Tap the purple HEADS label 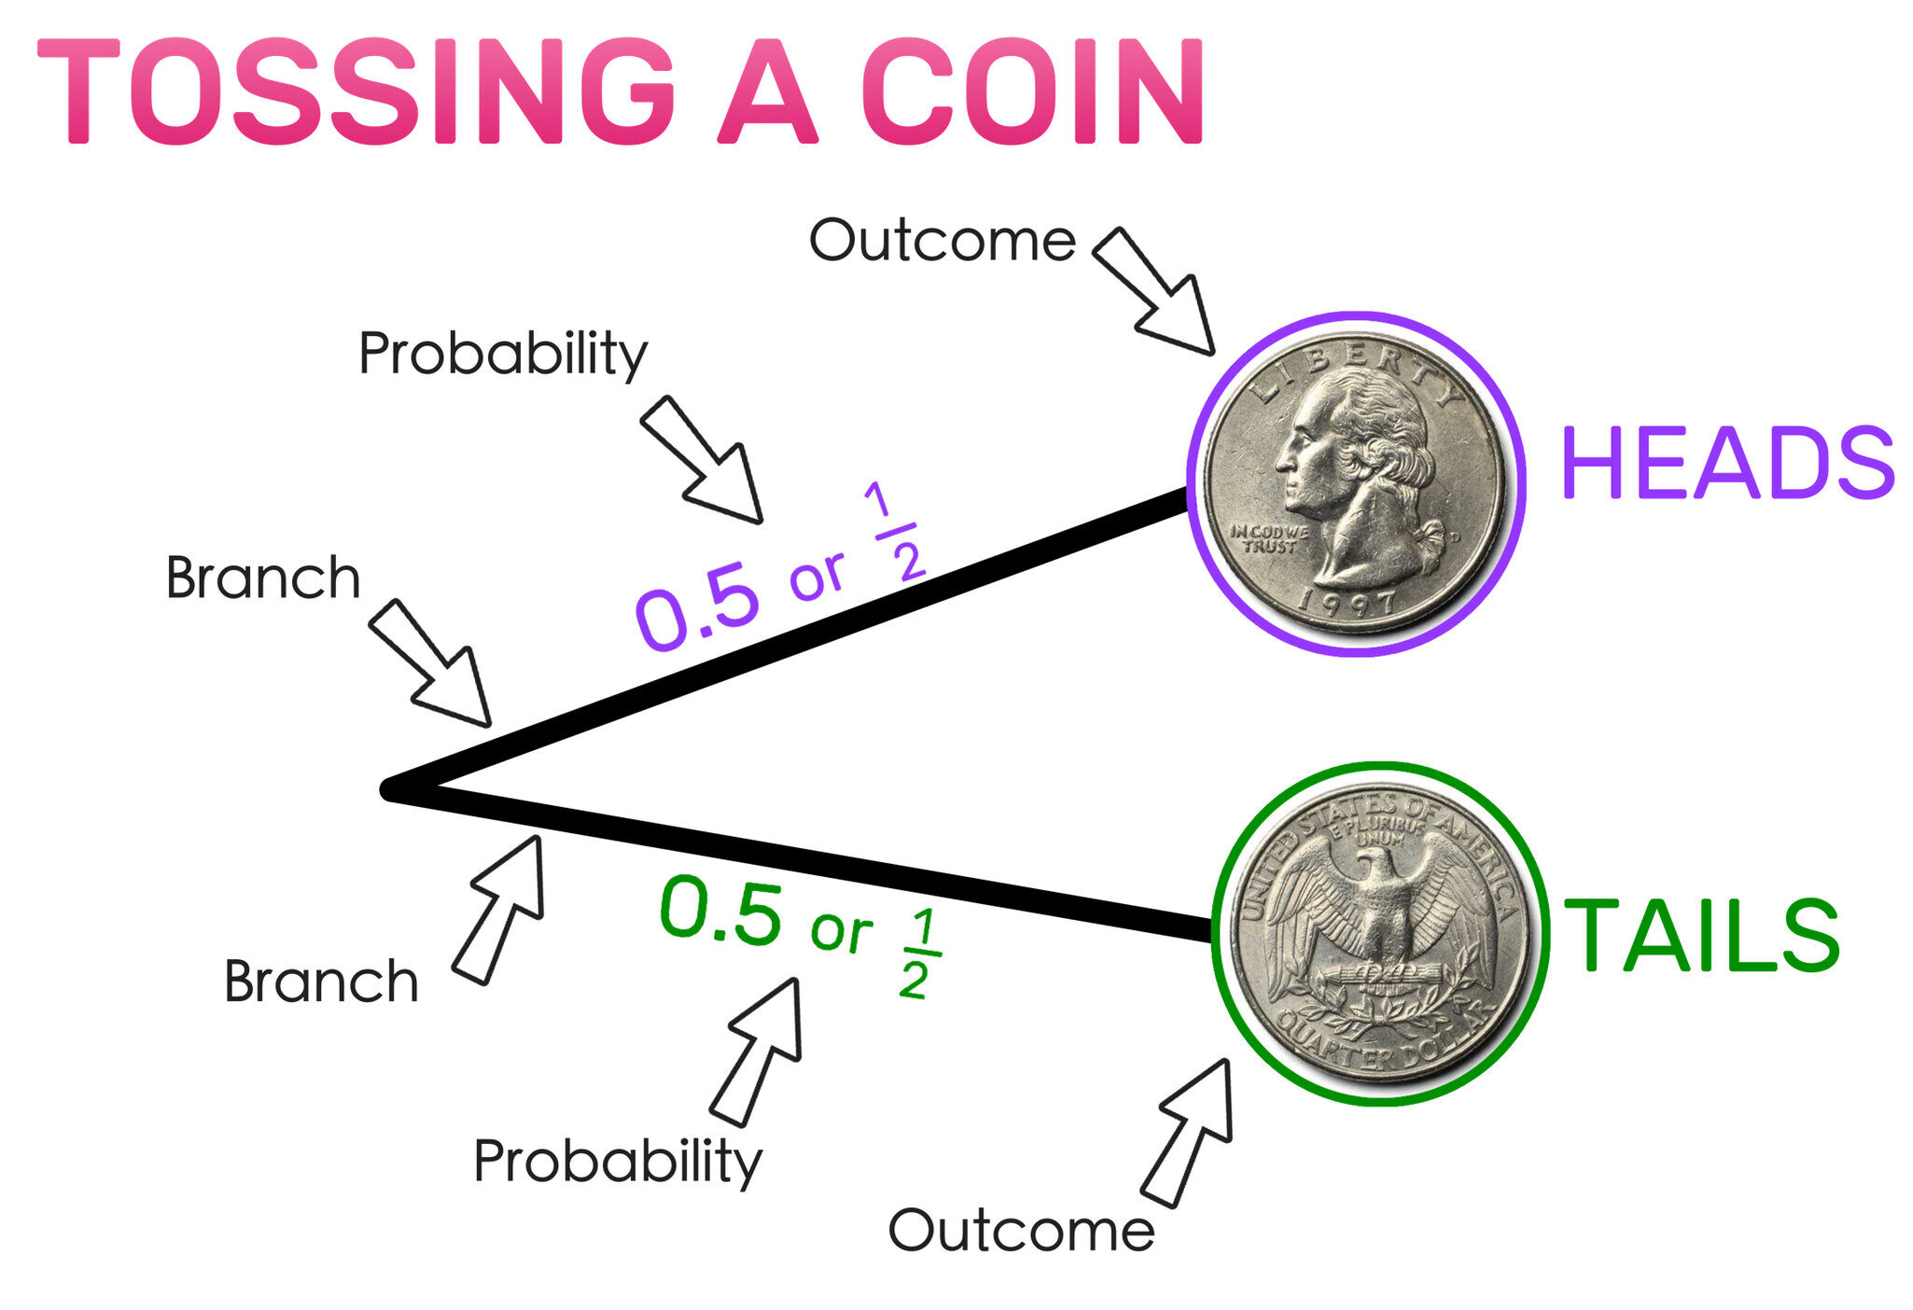1727,463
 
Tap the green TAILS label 1701,935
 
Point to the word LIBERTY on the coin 1358,373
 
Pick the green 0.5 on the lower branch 720,909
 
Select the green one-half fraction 918,954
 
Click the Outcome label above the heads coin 943,241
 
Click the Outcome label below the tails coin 1021,1230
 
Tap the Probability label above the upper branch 503,355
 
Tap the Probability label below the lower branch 618,1163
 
